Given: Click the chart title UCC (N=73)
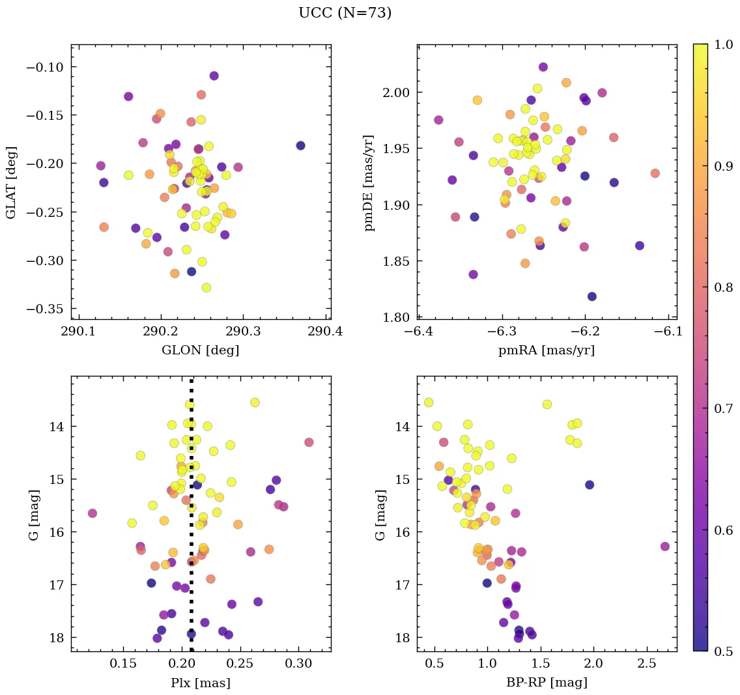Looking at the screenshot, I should (345, 13).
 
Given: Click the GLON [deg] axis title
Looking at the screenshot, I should (200, 350).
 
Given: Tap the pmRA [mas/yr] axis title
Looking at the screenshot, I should (546, 350).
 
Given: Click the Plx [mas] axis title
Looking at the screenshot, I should (200, 683).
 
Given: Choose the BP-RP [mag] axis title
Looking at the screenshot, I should (546, 683).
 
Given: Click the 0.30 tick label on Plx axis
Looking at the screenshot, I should (299, 665).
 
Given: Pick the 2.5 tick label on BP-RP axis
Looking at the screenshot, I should (647, 665).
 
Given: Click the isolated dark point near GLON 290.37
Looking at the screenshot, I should (300, 145).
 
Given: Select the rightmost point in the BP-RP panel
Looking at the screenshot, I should (665, 546).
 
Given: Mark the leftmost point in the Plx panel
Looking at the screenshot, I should (92, 513).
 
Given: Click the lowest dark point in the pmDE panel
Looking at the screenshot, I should (592, 296).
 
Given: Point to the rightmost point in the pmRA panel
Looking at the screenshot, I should (655, 173).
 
